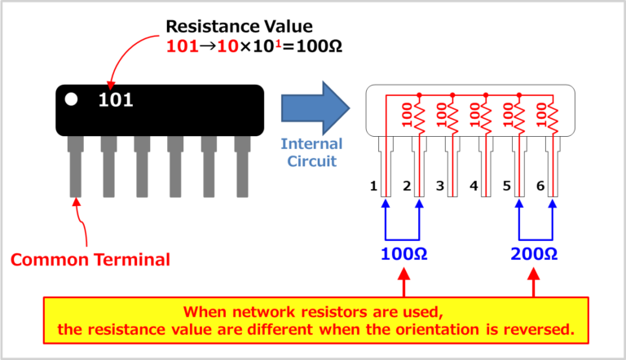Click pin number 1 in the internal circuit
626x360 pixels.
(373, 187)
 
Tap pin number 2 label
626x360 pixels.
(406, 187)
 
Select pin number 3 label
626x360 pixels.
(439, 187)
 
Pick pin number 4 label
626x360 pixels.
(474, 187)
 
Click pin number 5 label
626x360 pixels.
(507, 187)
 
